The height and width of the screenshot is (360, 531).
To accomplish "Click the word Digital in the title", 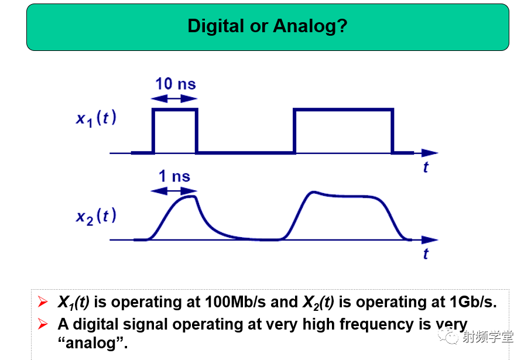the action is point(215,26).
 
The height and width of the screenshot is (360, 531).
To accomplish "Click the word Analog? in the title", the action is point(310,26).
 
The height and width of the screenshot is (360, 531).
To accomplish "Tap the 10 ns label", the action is point(176,84).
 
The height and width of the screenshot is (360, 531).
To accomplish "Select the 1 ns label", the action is point(174,176).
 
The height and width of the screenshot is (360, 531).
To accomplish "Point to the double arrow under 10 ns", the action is point(174,98).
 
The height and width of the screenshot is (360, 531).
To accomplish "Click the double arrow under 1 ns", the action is point(174,191).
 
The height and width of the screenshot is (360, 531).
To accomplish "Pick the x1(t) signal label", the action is point(96,118).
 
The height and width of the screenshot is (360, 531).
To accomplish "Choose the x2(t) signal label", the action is point(96,217).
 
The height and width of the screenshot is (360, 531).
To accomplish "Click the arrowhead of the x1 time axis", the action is point(430,153).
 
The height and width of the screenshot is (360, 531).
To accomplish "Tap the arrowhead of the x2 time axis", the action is point(430,240).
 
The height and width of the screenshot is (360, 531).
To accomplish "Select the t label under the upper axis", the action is point(426,167).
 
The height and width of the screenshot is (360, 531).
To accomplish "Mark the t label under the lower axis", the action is point(426,253).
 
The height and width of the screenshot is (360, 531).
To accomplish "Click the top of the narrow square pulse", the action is point(174,109).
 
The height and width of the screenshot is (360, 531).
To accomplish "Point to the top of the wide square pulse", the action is point(344,109).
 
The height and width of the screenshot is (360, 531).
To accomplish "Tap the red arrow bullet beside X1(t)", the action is point(43,301).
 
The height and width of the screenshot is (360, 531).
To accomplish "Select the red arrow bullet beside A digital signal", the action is point(43,324).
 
